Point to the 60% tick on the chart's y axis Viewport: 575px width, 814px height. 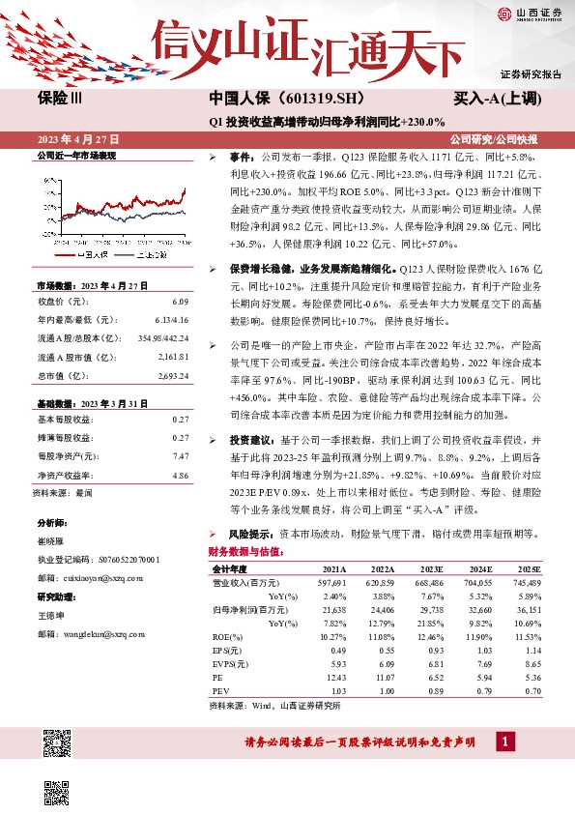click(x=43, y=177)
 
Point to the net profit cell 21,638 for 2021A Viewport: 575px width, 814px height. click(x=331, y=610)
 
